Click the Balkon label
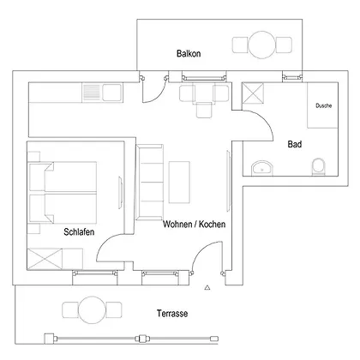[x=189, y=53]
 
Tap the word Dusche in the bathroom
[x=324, y=105]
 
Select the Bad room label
[x=295, y=144]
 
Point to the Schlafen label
[x=79, y=231]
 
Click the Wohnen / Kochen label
[x=194, y=224]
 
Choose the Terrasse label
[x=172, y=314]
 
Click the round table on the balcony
[x=262, y=45]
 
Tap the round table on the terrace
[x=93, y=310]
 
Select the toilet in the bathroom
[x=318, y=166]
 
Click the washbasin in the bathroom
[x=262, y=168]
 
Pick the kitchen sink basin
[x=111, y=93]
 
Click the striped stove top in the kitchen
[x=92, y=93]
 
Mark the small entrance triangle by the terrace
[x=207, y=288]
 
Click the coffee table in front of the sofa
[x=179, y=183]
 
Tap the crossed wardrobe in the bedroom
[x=45, y=259]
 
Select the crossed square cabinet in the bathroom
[x=253, y=93]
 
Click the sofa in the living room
[x=150, y=183]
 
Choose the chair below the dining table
[x=204, y=111]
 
